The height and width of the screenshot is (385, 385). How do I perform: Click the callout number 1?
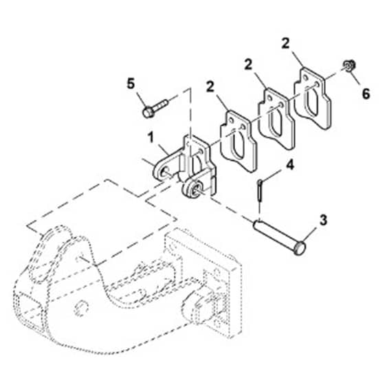coord(151,137)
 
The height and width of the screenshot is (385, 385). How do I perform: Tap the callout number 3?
coord(323,220)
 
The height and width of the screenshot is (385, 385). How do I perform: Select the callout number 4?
coord(290,165)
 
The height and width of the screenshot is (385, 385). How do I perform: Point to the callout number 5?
coord(131,84)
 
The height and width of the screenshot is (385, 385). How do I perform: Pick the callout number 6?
coord(366,93)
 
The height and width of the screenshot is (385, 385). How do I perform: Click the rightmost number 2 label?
coord(285,44)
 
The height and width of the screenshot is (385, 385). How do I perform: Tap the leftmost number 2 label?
coord(210,87)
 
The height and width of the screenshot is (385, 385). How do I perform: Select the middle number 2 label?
coord(248,65)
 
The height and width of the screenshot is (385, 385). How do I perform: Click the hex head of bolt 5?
coord(148,113)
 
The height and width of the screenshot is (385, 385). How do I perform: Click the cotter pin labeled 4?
coord(260,191)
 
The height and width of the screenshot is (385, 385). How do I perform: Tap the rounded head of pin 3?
coord(300,248)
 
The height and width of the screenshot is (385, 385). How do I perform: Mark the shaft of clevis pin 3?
coord(274,234)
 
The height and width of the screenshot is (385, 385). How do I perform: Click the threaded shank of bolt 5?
coord(161,105)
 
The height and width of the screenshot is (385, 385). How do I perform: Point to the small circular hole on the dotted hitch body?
coord(81,307)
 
